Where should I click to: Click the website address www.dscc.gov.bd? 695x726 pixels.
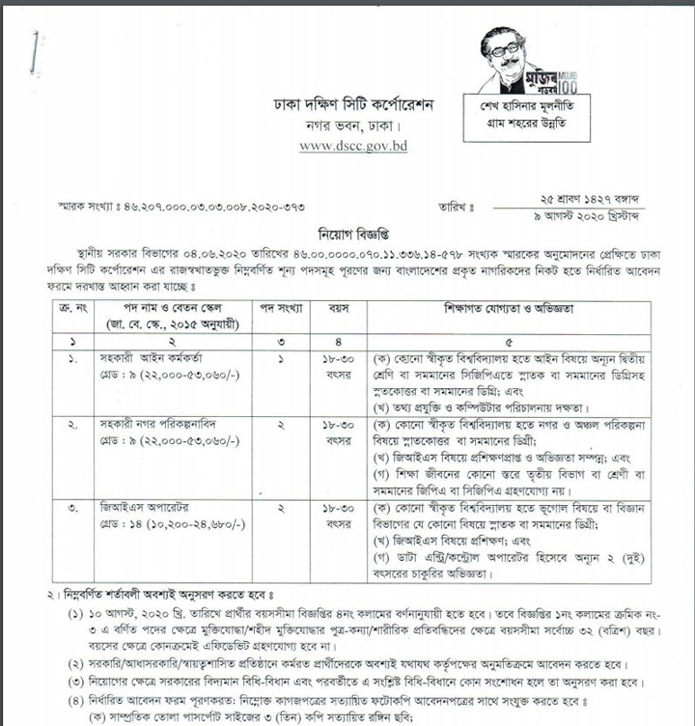pos(353,146)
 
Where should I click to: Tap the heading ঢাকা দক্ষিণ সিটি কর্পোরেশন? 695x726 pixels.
pos(354,103)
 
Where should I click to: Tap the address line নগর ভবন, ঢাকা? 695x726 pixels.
pos(353,126)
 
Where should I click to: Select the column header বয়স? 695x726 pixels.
pos(344,308)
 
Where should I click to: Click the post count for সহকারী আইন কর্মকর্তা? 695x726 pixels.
pos(281,357)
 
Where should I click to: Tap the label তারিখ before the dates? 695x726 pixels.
pos(459,206)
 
